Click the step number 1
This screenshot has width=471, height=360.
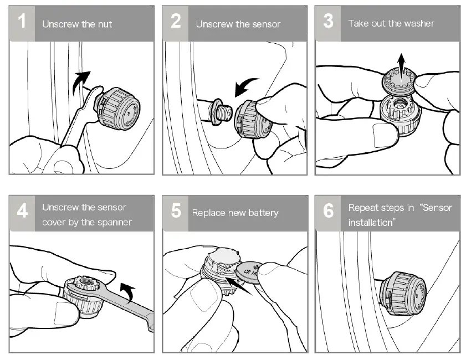[x=22, y=23]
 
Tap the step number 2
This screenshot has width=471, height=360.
[x=176, y=23]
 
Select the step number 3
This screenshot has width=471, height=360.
[x=328, y=23]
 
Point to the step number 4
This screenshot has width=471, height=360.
[x=22, y=213]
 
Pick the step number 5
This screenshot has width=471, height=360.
[x=176, y=212]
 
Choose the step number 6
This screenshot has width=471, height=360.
[x=328, y=213]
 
